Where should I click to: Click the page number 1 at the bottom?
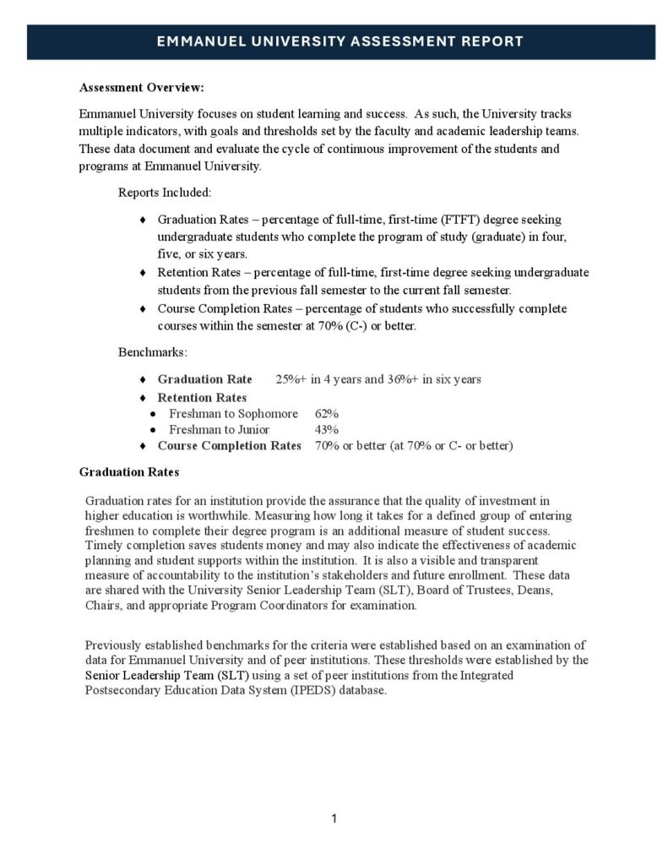(x=334, y=818)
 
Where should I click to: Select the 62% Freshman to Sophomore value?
(x=327, y=414)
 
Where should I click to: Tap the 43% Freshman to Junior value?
(x=327, y=429)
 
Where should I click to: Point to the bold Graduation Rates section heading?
(x=128, y=472)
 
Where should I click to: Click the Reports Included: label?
(x=165, y=193)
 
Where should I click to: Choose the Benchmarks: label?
(x=153, y=350)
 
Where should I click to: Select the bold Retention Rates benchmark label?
(x=203, y=397)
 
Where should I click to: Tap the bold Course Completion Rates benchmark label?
(x=229, y=445)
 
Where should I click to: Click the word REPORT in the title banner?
(x=487, y=41)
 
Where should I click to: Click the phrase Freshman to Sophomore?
(x=233, y=414)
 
